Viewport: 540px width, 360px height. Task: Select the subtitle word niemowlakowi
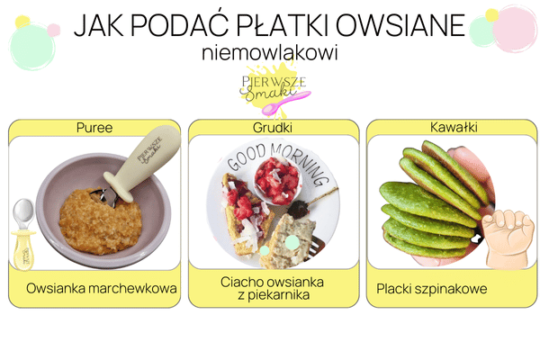pos(270,53)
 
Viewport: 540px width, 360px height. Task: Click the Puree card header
pos(94,128)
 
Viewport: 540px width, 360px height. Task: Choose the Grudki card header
pos(274,128)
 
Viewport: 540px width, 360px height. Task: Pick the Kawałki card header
pos(452,128)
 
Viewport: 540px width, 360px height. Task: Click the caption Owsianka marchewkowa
pos(102,290)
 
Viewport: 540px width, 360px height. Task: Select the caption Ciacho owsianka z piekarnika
pos(274,288)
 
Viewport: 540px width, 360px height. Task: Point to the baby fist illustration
pos(508,238)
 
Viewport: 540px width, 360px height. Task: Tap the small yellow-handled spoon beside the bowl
pos(23,229)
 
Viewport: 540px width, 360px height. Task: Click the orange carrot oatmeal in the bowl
pos(99,220)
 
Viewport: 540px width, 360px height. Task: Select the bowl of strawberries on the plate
pos(277,180)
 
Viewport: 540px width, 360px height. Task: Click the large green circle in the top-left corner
pos(32,45)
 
